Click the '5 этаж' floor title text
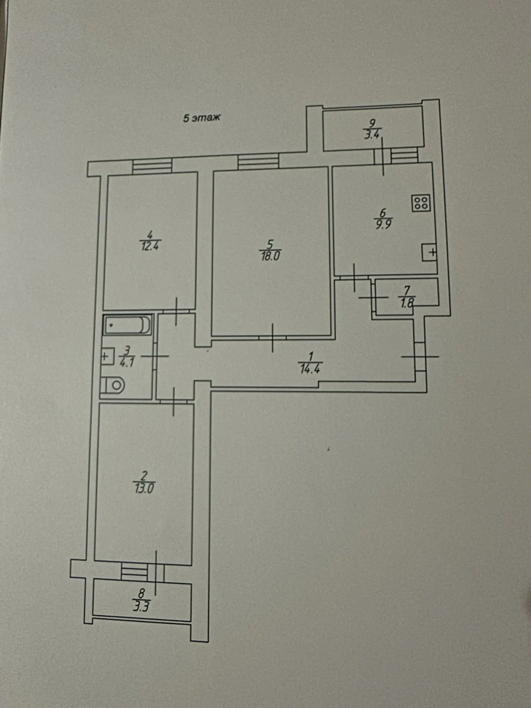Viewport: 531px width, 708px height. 202,118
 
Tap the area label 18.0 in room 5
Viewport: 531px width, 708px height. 271,256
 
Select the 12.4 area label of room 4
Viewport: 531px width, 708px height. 150,246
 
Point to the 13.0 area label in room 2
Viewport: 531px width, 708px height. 144,489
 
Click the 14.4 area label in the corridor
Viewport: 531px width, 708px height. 310,369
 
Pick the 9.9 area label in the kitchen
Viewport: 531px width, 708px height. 384,224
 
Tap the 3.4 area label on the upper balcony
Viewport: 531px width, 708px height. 372,134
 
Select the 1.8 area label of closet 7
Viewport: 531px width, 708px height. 407,303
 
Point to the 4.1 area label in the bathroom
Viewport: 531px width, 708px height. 127,362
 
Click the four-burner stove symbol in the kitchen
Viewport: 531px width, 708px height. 421,203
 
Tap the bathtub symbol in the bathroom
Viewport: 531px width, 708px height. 127,325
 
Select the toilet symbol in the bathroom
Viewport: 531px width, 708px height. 113,385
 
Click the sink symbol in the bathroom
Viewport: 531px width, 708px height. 107,357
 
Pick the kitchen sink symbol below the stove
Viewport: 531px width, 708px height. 430,253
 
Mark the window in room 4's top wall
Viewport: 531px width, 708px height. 152,166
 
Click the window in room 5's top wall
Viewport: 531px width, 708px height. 258,162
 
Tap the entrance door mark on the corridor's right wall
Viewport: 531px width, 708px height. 420,357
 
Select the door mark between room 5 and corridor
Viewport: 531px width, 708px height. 273,338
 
